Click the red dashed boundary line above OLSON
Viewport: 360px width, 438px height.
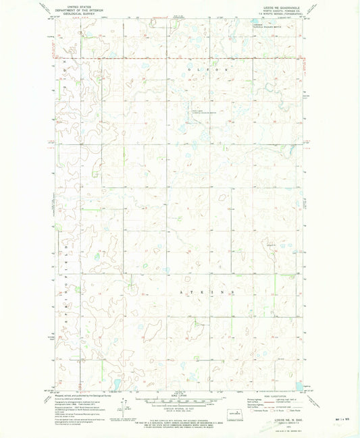pos(203,59)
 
